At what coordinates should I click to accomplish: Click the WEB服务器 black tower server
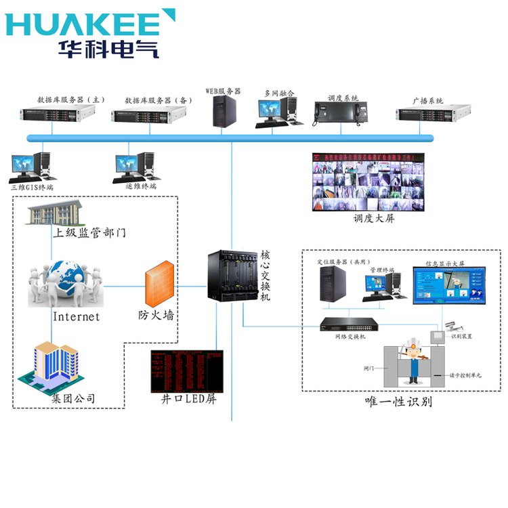tap(225, 110)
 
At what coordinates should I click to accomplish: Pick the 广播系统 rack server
tap(425, 114)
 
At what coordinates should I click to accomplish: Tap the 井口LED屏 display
tap(186, 371)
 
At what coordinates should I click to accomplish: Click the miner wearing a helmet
tap(410, 356)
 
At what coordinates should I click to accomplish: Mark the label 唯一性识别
tap(398, 402)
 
